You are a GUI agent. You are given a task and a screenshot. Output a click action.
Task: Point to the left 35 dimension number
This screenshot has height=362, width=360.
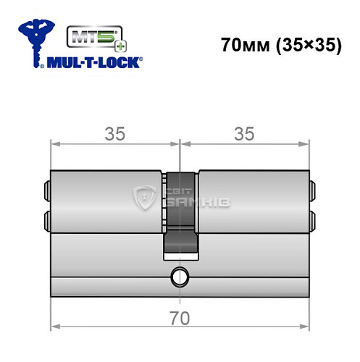tap(114, 133)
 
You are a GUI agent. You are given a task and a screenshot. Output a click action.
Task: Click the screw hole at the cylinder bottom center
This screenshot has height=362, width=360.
tap(179, 275)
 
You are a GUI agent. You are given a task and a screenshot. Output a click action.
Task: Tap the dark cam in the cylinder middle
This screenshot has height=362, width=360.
tap(179, 217)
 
